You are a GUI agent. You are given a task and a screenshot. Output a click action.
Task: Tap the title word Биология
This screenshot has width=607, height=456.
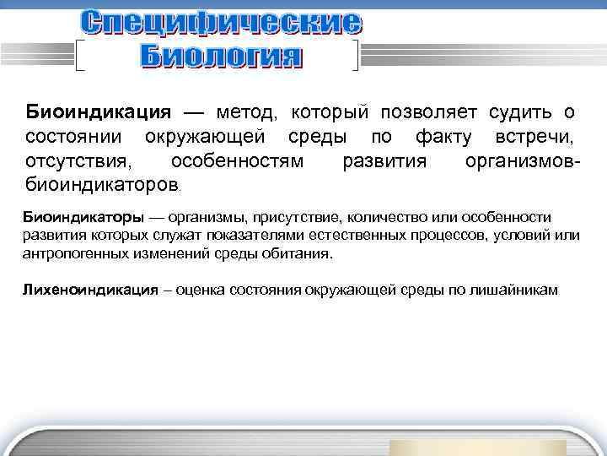(x=219, y=57)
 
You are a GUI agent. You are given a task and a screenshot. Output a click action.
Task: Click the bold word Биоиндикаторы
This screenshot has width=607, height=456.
(x=78, y=218)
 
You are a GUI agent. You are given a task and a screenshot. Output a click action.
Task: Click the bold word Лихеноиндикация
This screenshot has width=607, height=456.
(x=90, y=290)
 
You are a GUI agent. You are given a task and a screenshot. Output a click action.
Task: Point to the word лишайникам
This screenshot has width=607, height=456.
(x=513, y=290)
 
